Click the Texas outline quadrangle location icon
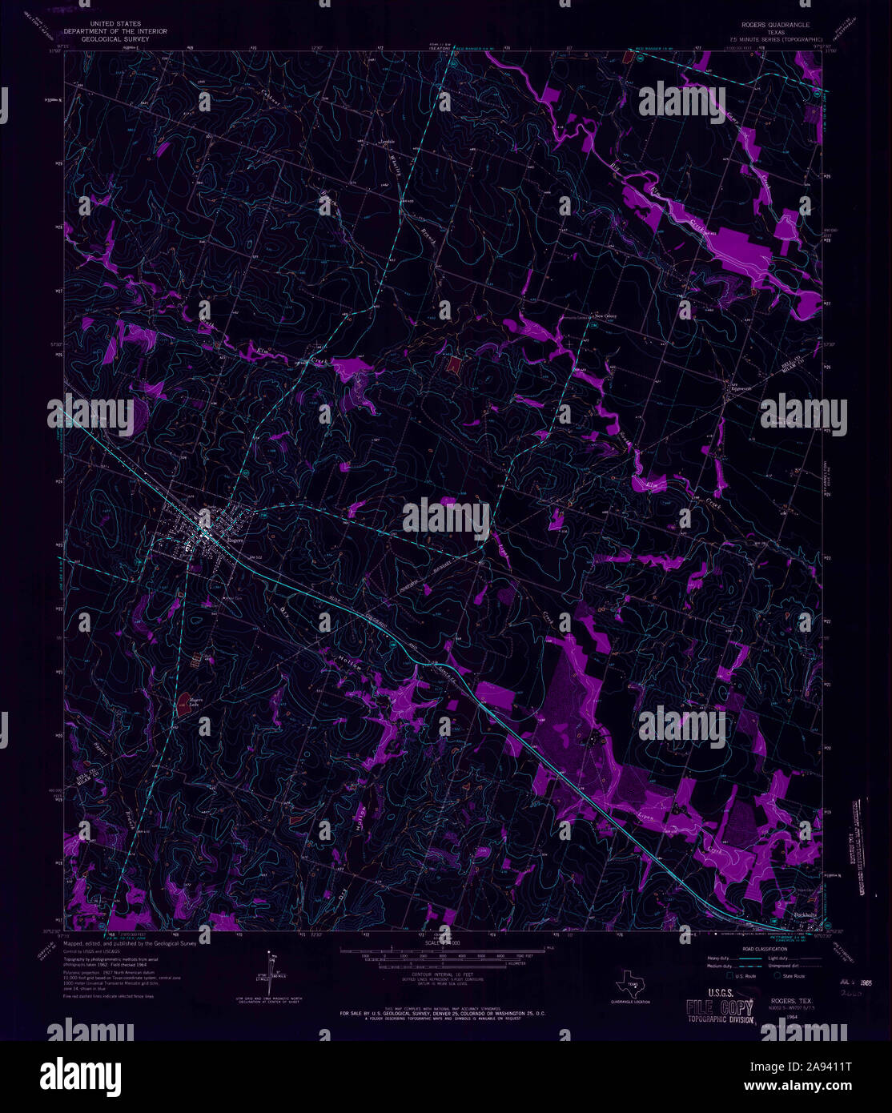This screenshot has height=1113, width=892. (x=630, y=984)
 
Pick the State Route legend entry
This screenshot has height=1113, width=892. (x=792, y=976)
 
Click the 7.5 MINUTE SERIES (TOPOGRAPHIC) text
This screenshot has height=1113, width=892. (x=768, y=38)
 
